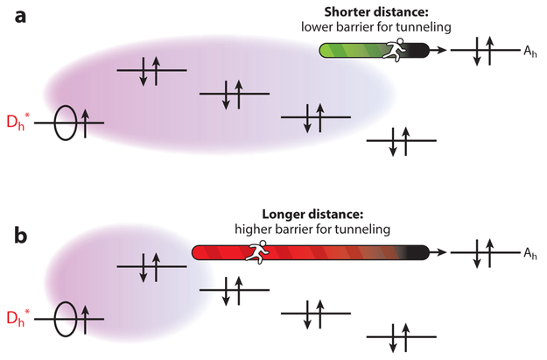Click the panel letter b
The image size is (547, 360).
tap(16, 236)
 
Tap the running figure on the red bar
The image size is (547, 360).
tap(257, 253)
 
